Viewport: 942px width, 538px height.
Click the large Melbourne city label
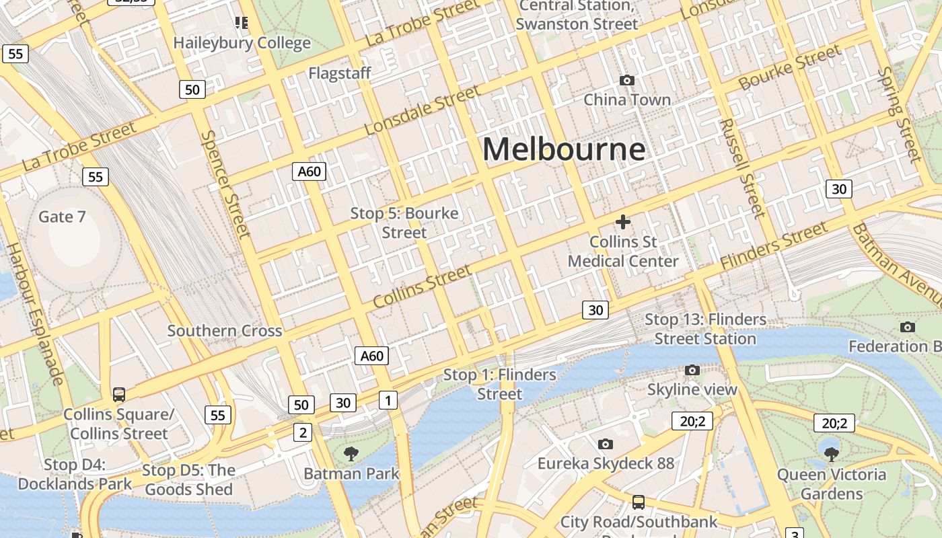(564, 149)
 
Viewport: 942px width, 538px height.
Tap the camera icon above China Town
(627, 81)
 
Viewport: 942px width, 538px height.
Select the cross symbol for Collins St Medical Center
(623, 221)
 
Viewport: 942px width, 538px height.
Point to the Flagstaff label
(340, 73)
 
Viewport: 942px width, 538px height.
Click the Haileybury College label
(242, 43)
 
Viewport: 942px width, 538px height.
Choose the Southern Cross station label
(225, 331)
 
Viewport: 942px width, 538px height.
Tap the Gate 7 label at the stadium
(62, 217)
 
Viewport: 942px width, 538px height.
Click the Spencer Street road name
(225, 184)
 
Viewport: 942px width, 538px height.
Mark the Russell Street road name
(741, 168)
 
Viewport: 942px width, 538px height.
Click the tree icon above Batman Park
(351, 454)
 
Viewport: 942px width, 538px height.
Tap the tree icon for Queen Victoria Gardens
(832, 454)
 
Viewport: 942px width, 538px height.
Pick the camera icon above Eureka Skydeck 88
(606, 444)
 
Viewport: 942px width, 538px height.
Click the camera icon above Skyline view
(692, 370)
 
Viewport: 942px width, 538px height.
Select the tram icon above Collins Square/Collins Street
(119, 395)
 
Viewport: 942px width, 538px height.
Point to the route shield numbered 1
(388, 401)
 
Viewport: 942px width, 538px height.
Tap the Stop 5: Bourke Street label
(404, 223)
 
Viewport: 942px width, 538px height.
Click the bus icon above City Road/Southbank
(638, 502)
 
